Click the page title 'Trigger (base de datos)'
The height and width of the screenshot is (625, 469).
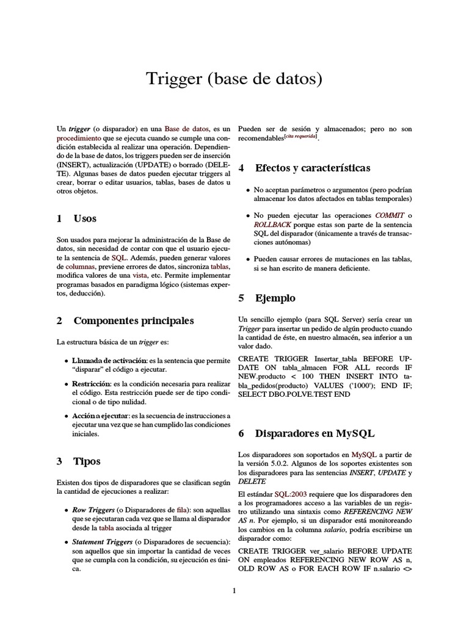click(234, 79)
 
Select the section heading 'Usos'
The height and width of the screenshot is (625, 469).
click(85, 219)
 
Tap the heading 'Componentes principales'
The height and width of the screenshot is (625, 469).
click(133, 320)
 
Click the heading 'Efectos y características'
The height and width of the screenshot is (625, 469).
click(312, 168)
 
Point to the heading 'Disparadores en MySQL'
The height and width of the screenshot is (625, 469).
click(314, 433)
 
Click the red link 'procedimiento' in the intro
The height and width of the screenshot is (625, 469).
click(79, 139)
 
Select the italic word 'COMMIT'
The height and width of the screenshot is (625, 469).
click(390, 215)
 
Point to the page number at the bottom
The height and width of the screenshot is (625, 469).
click(234, 590)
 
